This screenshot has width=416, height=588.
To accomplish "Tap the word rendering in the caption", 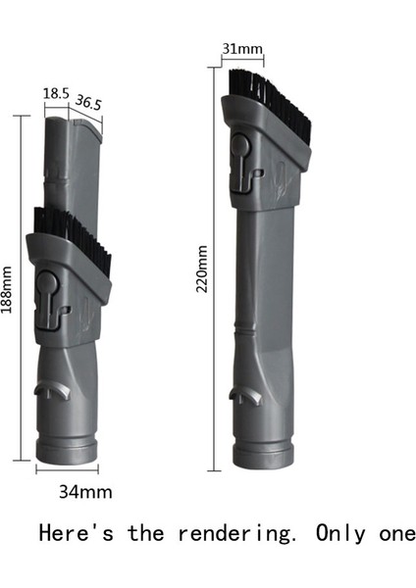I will [232, 534].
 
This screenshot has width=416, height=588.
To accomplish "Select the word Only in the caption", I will [337, 534].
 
